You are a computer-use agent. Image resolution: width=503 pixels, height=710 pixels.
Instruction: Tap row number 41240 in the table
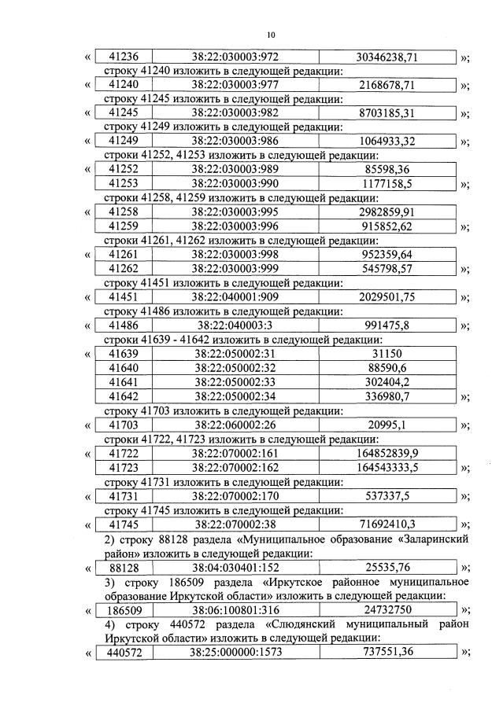[123, 85]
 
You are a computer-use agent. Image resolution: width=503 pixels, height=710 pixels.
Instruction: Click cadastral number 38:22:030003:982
[235, 113]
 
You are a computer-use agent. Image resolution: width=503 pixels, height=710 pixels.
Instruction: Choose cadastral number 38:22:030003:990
[235, 183]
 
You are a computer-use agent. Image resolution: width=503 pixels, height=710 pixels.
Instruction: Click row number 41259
[123, 226]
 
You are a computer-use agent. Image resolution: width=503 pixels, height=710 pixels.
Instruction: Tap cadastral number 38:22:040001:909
[235, 297]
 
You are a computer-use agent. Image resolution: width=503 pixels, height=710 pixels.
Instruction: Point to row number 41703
[123, 425]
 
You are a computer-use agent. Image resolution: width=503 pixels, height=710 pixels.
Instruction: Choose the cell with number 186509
[123, 609]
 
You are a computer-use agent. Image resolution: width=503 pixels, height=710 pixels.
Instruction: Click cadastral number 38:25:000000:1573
[235, 652]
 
